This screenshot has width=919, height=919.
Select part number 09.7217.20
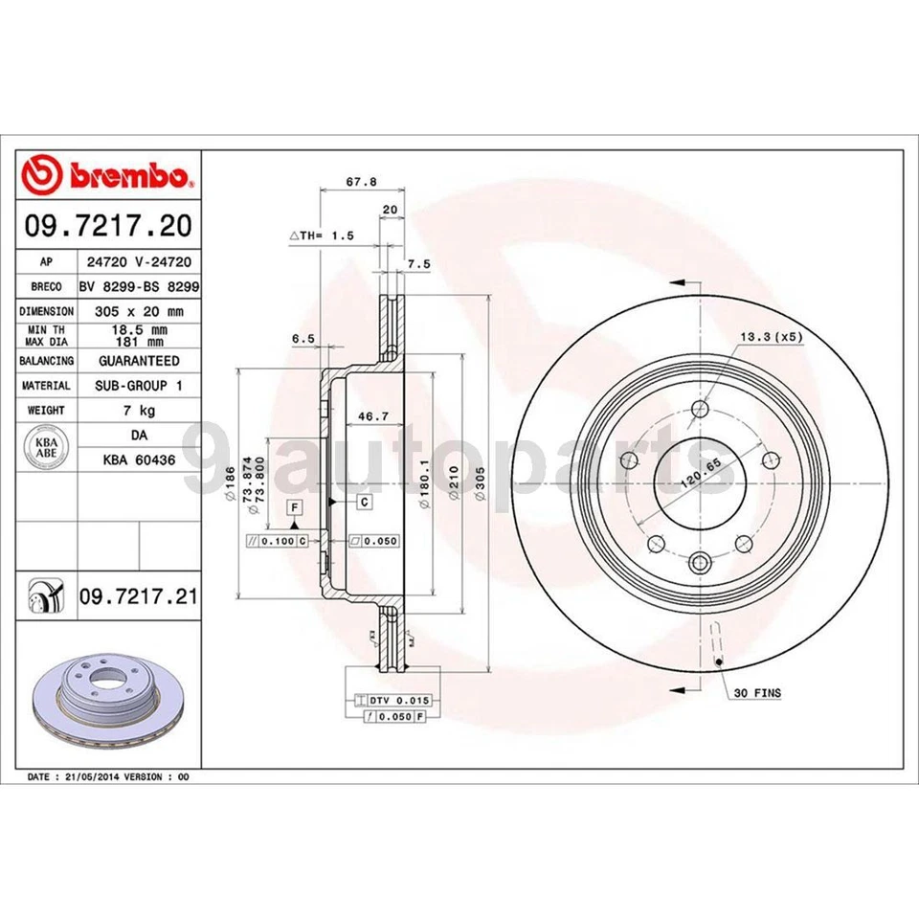coord(109,226)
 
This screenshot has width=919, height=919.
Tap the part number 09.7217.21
coord(138,597)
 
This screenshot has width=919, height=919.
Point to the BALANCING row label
coord(46,361)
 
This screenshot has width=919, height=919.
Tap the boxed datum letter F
coord(295,505)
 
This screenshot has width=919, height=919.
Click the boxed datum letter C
coord(365,502)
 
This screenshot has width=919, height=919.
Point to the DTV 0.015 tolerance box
coord(392,701)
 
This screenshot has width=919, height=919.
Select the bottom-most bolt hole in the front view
coord(699,562)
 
